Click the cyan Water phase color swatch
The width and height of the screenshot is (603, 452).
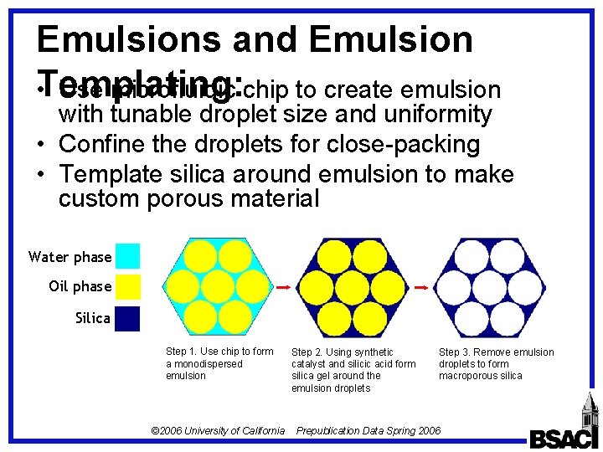click(x=127, y=256)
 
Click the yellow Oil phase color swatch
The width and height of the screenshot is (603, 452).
click(x=127, y=286)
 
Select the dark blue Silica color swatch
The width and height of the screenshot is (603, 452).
click(x=127, y=318)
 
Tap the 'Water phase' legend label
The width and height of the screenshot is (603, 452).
click(x=70, y=257)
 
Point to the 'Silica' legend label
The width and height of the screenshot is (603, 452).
click(x=92, y=318)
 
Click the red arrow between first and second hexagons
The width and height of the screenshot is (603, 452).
click(x=283, y=287)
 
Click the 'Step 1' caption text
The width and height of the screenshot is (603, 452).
click(x=219, y=363)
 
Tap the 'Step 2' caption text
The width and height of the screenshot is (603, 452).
click(x=353, y=370)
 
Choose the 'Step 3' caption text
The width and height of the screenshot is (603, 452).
click(x=496, y=363)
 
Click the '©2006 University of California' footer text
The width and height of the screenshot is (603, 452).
click(x=218, y=430)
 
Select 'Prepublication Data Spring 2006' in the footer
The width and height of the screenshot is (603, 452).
click(x=368, y=430)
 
